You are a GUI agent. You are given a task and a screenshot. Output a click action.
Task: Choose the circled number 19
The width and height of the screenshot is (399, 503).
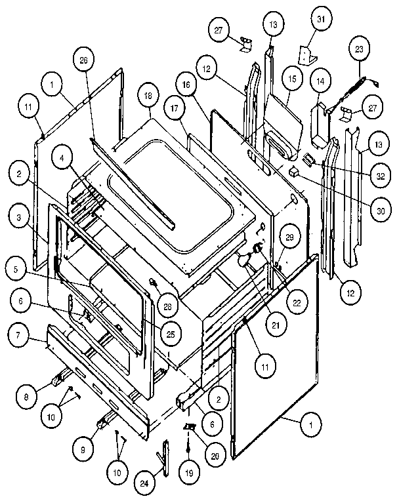point(188,471)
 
